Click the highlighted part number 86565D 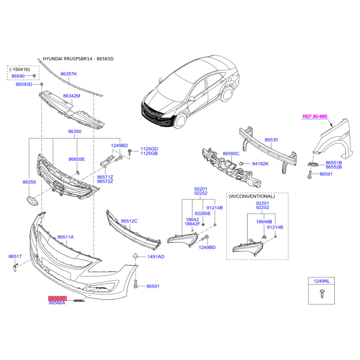click(x=57, y=298)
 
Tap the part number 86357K click(x=69, y=74)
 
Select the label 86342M click(x=72, y=96)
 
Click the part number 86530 click(x=271, y=140)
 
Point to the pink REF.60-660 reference click(x=315, y=117)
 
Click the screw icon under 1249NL click(x=322, y=294)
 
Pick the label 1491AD click(x=156, y=256)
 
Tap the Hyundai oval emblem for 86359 click(x=32, y=201)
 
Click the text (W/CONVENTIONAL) click(x=252, y=196)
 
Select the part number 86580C click(x=231, y=153)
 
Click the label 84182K click(x=260, y=164)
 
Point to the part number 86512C click(x=129, y=221)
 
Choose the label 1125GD click(x=149, y=149)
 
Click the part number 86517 click(x=15, y=256)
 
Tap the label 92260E click(x=202, y=213)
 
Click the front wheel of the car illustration click(x=180, y=120)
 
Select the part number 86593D click(x=24, y=84)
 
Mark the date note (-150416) click(x=19, y=69)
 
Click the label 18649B click(x=264, y=222)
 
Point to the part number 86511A click(x=66, y=237)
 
